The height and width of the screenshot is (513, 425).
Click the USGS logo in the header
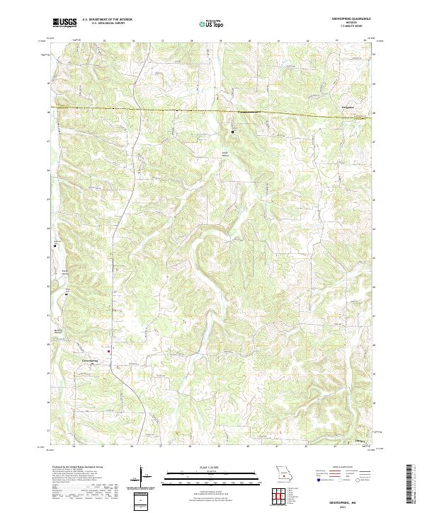point(65,23)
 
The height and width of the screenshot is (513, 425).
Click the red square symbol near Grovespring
point(108,350)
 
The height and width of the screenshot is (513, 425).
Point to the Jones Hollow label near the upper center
point(226,154)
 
